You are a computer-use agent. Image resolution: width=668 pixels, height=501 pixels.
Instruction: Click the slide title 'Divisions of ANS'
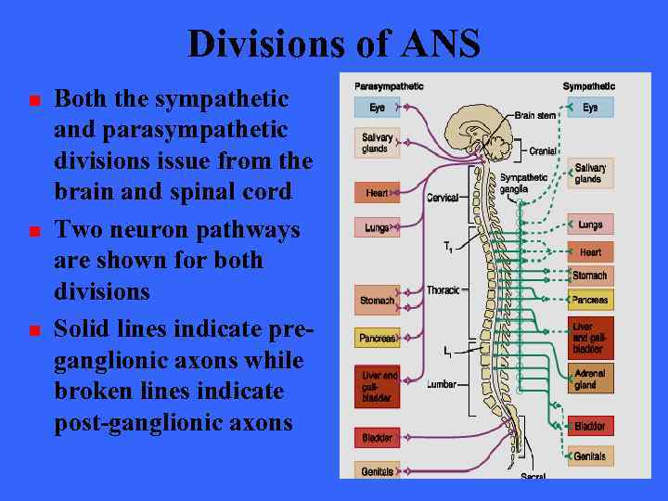(x=334, y=44)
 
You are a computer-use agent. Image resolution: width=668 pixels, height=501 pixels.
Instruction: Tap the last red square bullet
(x=34, y=330)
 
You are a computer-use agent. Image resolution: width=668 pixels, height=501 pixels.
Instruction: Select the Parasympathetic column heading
(x=389, y=86)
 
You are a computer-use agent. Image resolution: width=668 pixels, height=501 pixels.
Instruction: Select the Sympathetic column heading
(x=588, y=86)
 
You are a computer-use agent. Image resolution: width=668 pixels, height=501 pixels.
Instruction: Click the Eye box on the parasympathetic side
(x=377, y=108)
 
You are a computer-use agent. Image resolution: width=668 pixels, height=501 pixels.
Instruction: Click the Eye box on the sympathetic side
(x=590, y=108)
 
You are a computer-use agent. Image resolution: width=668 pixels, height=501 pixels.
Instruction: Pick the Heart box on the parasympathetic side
(x=377, y=193)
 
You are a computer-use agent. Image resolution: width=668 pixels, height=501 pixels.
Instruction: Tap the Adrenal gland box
(x=590, y=379)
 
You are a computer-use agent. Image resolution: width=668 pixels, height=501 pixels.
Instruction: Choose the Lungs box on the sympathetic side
(x=590, y=225)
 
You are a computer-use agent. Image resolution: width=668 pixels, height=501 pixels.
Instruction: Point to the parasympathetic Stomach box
(x=377, y=301)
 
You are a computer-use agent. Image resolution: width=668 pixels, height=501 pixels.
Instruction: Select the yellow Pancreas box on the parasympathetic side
(x=377, y=338)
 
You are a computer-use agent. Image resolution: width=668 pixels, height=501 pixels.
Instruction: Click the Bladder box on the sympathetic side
(x=590, y=427)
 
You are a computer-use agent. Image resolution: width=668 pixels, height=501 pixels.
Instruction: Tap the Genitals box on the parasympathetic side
(x=377, y=471)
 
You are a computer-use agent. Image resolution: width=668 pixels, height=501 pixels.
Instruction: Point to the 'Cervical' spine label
(x=443, y=198)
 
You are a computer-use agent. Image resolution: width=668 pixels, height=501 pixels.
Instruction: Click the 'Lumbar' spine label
(x=442, y=383)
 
